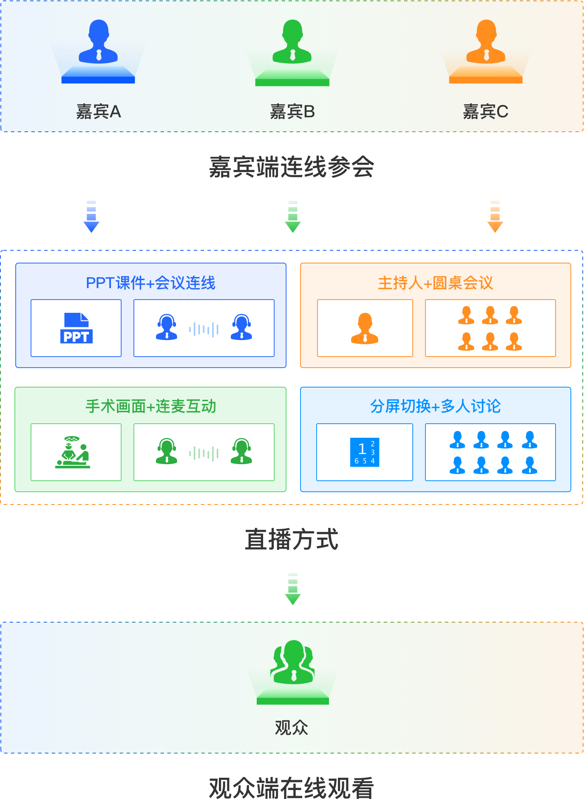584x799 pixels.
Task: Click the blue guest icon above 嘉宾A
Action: pyautogui.click(x=98, y=42)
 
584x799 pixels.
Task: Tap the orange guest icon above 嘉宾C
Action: pyautogui.click(x=486, y=42)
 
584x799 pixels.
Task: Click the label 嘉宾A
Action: pyautogui.click(x=99, y=112)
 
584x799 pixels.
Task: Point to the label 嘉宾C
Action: pyautogui.click(x=485, y=112)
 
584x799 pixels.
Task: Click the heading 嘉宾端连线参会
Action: pyautogui.click(x=292, y=167)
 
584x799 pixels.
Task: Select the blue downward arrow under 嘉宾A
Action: pyautogui.click(x=91, y=216)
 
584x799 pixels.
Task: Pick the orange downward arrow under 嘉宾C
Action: pyautogui.click(x=495, y=216)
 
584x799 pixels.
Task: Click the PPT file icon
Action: pyautogui.click(x=76, y=328)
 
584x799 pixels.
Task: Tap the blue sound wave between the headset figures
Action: pyautogui.click(x=204, y=329)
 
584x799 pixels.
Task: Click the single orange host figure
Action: pyautogui.click(x=365, y=328)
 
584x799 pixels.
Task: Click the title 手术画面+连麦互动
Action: pyautogui.click(x=151, y=407)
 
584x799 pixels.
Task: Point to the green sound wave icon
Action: pyautogui.click(x=204, y=453)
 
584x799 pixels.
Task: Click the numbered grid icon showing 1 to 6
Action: pyautogui.click(x=365, y=452)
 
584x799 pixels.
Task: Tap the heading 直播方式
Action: pyautogui.click(x=292, y=539)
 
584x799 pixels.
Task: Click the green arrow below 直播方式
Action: pyautogui.click(x=293, y=589)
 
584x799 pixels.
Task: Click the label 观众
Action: pyautogui.click(x=292, y=728)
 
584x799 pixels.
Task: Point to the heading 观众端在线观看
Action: pyautogui.click(x=292, y=788)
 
